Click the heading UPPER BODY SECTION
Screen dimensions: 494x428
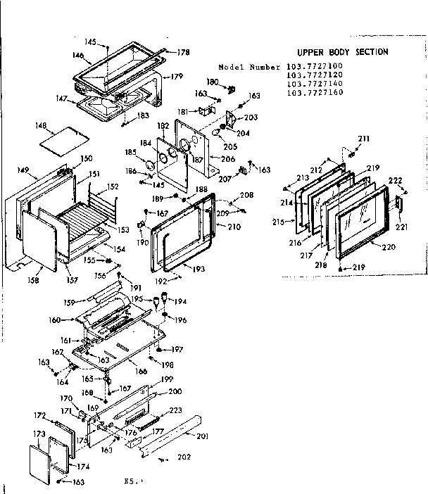[341, 52]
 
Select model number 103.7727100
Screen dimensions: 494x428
[314, 67]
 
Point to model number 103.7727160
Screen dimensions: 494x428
[314, 92]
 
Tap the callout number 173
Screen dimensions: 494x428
[39, 433]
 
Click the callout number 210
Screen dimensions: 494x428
[234, 227]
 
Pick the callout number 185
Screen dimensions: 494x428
[130, 151]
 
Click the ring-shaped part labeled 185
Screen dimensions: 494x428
[149, 165]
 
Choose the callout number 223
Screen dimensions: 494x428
[175, 410]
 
